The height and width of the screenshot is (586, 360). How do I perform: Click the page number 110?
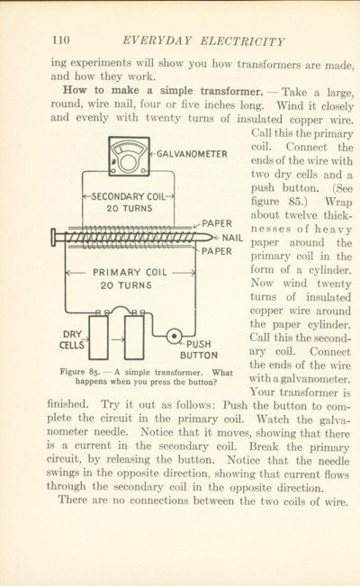pos(61,40)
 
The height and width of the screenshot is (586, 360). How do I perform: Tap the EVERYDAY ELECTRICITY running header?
pos(203,41)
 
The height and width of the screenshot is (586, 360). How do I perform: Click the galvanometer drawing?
pos(129,157)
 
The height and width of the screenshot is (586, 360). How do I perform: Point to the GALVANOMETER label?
pos(192,154)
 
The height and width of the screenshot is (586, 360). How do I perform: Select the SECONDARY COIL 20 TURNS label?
pos(129,203)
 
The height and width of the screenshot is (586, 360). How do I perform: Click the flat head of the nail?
pos(53,238)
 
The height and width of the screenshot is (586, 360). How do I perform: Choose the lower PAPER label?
pos(217,251)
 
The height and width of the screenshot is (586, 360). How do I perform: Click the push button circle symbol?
pos(175,336)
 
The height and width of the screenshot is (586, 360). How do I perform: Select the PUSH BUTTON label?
pos(199,349)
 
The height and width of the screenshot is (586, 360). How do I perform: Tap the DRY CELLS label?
pos(72,339)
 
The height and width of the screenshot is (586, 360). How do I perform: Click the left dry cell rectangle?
pos(99,338)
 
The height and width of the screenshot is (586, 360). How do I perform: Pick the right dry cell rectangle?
pos(134,338)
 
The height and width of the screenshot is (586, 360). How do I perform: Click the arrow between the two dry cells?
pos(117,339)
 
